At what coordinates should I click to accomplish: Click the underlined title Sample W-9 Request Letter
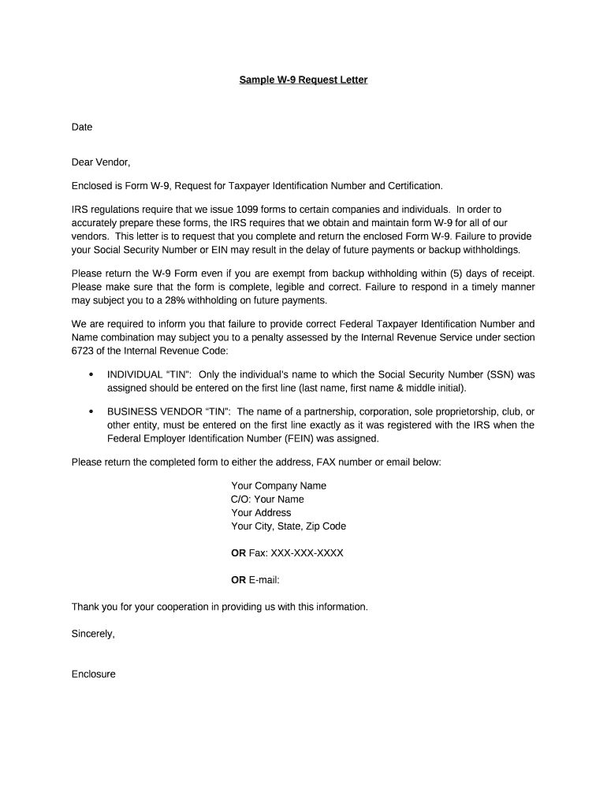(303, 80)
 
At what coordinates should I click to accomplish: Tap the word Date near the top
(82, 126)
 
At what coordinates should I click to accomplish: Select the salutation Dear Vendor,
(101, 162)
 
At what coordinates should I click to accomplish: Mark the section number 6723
(84, 350)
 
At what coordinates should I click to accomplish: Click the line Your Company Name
(278, 485)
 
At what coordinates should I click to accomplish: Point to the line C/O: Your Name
(267, 499)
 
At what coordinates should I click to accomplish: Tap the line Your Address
(261, 512)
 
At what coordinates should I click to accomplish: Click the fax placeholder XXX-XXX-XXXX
(307, 552)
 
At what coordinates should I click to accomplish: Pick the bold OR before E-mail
(238, 579)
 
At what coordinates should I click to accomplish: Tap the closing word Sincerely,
(93, 633)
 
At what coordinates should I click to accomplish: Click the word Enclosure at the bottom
(94, 674)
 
